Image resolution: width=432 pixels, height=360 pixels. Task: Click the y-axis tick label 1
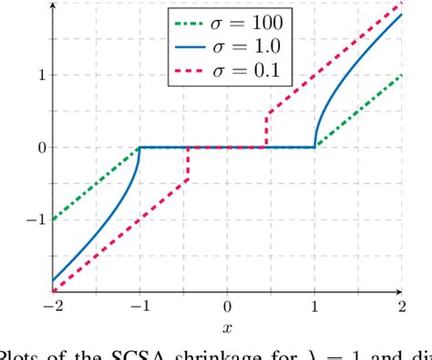coord(41,75)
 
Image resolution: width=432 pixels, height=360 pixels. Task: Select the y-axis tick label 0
coord(41,147)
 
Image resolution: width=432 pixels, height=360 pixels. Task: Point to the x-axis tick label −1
coord(139,305)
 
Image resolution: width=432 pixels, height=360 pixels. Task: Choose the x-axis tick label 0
coord(228,305)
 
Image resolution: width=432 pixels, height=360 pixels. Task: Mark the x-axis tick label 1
coord(315,305)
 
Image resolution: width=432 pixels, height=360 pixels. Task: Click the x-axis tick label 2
coord(402,305)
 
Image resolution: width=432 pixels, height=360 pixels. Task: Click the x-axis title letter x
coord(228,325)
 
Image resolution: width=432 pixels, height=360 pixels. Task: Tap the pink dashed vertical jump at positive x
coord(267,129)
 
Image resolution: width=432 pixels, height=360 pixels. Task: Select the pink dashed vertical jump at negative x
coord(188,164)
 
